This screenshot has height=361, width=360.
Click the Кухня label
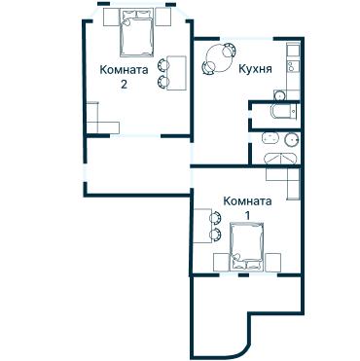point(254,70)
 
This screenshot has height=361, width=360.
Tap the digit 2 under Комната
point(124,85)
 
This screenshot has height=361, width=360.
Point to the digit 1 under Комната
point(247,215)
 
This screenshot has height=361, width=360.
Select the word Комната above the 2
point(124,70)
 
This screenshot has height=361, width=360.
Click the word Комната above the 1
point(247,200)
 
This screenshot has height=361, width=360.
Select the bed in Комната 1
point(244,246)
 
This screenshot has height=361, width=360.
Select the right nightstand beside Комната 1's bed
point(274,261)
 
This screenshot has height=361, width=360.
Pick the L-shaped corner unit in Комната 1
point(283,181)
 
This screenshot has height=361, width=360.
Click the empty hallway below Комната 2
point(136,165)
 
